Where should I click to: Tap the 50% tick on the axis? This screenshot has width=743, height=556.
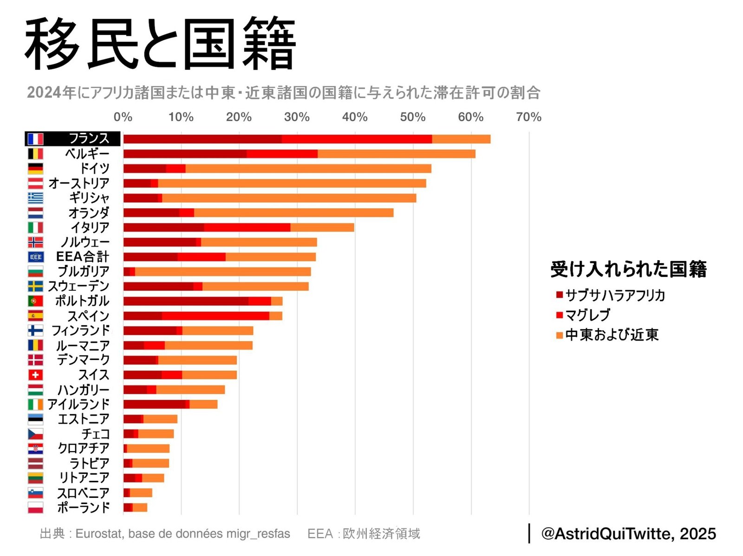click(x=412, y=117)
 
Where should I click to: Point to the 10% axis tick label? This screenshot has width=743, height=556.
click(x=181, y=117)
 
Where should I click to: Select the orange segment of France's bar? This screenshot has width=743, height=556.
click(x=461, y=139)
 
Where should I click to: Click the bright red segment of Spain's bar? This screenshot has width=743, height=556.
click(x=215, y=316)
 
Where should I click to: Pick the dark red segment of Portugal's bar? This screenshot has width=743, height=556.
click(x=186, y=301)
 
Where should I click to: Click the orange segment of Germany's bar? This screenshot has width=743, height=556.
click(x=308, y=168)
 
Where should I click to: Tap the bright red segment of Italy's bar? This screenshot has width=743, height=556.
click(x=247, y=227)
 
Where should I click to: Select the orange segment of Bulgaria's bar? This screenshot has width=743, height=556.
click(x=223, y=271)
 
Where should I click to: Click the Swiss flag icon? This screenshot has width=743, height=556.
click(x=35, y=375)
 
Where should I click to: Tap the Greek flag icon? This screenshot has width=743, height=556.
click(x=35, y=198)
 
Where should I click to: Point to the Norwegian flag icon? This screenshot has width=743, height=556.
click(x=35, y=242)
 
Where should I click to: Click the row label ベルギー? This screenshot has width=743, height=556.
click(x=87, y=154)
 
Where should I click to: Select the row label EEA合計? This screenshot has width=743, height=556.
click(x=83, y=257)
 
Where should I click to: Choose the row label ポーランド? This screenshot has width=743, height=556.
click(x=84, y=507)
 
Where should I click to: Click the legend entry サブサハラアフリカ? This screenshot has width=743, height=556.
click(x=615, y=295)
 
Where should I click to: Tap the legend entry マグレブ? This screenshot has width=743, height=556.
click(x=587, y=315)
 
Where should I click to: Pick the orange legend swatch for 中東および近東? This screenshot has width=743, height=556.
click(x=559, y=335)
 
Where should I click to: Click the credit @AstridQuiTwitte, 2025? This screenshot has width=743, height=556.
click(x=628, y=534)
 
